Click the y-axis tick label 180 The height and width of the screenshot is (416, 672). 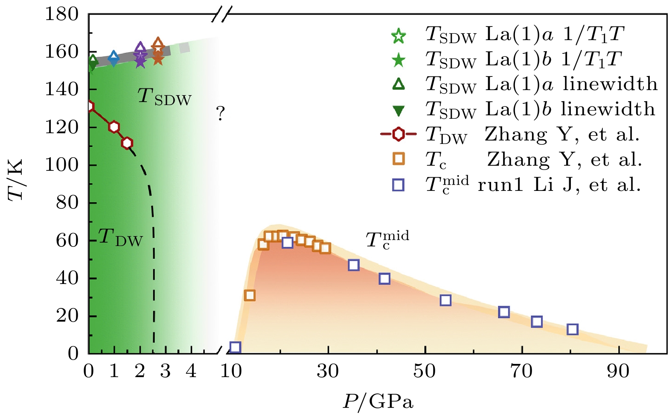tap(62, 14)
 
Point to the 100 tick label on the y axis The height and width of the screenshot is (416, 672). tap(62, 164)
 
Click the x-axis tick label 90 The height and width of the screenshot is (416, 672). tap(618, 371)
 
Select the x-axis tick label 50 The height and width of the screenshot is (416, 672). tap(425, 371)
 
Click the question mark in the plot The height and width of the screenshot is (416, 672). tap(220, 114)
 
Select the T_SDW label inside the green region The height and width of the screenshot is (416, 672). tap(164, 97)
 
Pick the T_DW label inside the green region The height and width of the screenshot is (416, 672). tap(120, 237)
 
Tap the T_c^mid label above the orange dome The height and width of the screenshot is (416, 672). tap(387, 239)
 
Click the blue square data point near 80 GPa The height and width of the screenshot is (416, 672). tap(573, 329)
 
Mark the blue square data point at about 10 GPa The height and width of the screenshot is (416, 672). tap(235, 347)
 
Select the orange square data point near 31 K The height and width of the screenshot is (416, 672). tap(250, 295)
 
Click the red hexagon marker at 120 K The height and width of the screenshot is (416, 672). tap(113, 127)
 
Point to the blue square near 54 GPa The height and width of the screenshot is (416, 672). tap(445, 300)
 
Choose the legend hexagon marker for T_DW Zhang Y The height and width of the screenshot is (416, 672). tap(398, 134)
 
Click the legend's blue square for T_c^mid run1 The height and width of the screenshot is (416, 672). tap(398, 185)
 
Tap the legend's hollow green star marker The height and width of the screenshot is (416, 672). tap(398, 36)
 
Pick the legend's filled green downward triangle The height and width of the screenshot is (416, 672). tap(398, 111)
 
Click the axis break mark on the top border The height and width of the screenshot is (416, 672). tap(221, 16)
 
